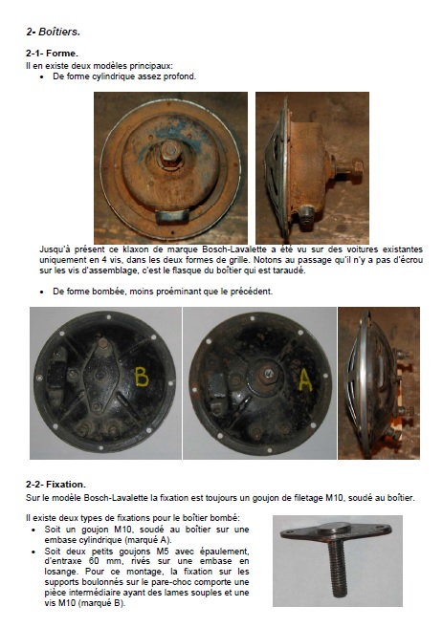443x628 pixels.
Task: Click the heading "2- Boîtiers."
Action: tap(54, 32)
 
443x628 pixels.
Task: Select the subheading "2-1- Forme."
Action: tap(52, 53)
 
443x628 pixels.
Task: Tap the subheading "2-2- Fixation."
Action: tap(55, 485)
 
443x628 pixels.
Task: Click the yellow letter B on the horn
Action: tap(142, 377)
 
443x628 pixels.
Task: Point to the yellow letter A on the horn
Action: tap(305, 379)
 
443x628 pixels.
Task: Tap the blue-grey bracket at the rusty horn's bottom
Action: tap(172, 216)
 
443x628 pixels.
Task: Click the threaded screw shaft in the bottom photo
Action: tap(337, 570)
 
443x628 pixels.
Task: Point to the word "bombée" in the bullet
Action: tap(108, 292)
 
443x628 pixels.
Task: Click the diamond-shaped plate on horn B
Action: tap(100, 376)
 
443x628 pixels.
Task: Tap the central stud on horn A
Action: tap(268, 375)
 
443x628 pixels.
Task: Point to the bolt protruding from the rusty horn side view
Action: tap(348, 167)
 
